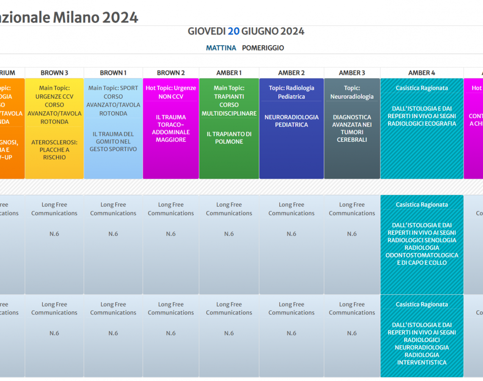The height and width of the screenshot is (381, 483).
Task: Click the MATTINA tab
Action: tap(221, 48)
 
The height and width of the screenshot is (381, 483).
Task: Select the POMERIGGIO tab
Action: tap(263, 48)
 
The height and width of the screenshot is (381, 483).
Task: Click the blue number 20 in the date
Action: tap(234, 31)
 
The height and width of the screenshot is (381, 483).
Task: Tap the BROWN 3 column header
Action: tap(54, 73)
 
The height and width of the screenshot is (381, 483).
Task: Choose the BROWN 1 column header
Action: tap(113, 73)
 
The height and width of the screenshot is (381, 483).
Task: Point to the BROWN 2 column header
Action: tap(171, 73)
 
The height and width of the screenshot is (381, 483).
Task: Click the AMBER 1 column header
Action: tap(229, 73)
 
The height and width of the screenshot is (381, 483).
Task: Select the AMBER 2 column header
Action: tap(291, 73)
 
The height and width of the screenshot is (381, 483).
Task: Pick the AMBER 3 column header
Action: tap(352, 73)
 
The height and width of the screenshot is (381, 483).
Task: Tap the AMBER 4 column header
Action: tap(422, 73)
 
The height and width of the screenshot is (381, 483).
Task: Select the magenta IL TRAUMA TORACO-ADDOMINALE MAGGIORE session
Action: tap(171, 128)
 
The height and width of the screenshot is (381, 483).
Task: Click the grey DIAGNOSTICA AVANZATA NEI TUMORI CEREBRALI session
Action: tap(352, 128)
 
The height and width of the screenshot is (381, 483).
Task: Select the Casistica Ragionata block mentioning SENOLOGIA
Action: tap(422, 244)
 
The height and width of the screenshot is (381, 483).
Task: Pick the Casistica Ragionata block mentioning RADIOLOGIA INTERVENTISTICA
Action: tap(422, 344)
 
